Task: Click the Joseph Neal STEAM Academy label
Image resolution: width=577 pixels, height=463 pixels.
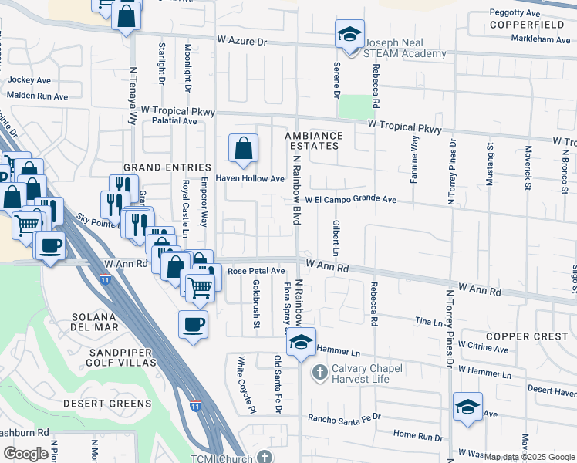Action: [404, 48]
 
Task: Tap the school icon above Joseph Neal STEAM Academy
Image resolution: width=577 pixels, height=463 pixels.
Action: [349, 35]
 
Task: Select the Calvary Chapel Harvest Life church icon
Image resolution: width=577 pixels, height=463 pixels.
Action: [320, 373]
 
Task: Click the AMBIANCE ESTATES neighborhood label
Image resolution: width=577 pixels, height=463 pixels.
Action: [312, 140]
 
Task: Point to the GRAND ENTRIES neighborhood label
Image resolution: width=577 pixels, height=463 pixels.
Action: [167, 167]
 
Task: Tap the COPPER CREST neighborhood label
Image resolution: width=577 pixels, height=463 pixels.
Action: [528, 336]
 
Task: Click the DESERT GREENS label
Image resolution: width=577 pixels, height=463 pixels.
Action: [108, 404]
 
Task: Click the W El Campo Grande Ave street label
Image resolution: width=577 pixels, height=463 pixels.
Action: [350, 200]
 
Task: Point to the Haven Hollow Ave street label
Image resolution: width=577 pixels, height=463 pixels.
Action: [250, 179]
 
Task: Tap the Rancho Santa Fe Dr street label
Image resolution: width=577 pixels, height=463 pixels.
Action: [345, 417]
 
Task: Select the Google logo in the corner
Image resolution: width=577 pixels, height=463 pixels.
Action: [25, 453]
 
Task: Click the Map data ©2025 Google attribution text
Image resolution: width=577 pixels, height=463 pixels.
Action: [528, 457]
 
